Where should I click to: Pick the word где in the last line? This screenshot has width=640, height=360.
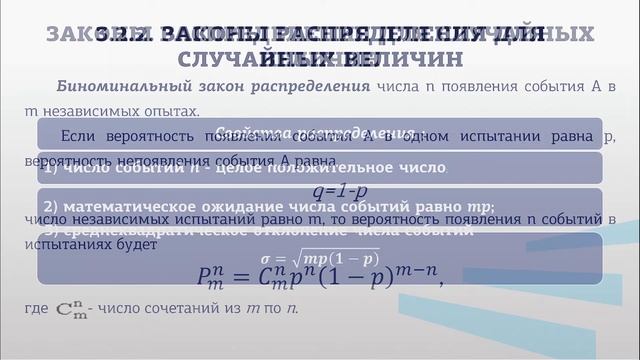(34, 310)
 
